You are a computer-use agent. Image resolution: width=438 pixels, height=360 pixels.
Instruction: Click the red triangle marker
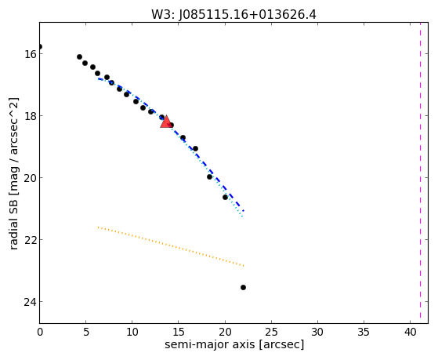pos(166,122)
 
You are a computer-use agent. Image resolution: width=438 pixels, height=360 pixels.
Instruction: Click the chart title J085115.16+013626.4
pos(233,14)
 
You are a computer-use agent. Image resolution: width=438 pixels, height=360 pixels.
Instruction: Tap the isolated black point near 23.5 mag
pos(243,287)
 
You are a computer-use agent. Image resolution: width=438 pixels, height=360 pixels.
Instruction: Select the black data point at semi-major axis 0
pos(40,46)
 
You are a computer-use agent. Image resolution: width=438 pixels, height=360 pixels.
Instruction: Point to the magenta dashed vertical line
pos(420,170)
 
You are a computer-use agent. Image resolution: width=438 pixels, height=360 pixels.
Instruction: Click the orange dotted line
pos(171,246)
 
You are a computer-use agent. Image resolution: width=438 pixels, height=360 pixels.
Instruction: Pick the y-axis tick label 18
pos(31,115)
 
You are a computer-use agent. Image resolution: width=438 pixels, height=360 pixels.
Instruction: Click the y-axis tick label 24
pos(31,301)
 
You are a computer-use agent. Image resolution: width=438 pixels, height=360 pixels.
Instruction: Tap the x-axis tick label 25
pos(271,332)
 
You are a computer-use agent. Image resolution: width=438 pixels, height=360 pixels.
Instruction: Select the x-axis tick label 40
pos(410,332)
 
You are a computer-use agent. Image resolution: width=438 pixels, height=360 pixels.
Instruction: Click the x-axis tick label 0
pos(40,332)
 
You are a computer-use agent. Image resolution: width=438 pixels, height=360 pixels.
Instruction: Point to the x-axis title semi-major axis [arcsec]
pos(234,344)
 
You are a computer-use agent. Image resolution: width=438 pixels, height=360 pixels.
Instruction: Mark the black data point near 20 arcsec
pos(225,197)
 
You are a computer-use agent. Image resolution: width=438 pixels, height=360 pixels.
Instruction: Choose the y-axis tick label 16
pos(31,53)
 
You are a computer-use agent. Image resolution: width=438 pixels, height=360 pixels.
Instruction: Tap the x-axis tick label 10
pos(132,332)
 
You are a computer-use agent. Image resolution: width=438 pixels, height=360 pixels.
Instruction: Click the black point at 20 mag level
pos(209,176)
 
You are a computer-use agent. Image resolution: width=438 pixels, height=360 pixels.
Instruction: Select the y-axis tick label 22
pos(31,240)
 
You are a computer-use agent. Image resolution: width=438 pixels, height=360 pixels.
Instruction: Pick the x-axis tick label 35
pos(364,332)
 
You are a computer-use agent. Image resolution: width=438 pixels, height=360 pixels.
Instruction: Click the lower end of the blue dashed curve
pos(244,210)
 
